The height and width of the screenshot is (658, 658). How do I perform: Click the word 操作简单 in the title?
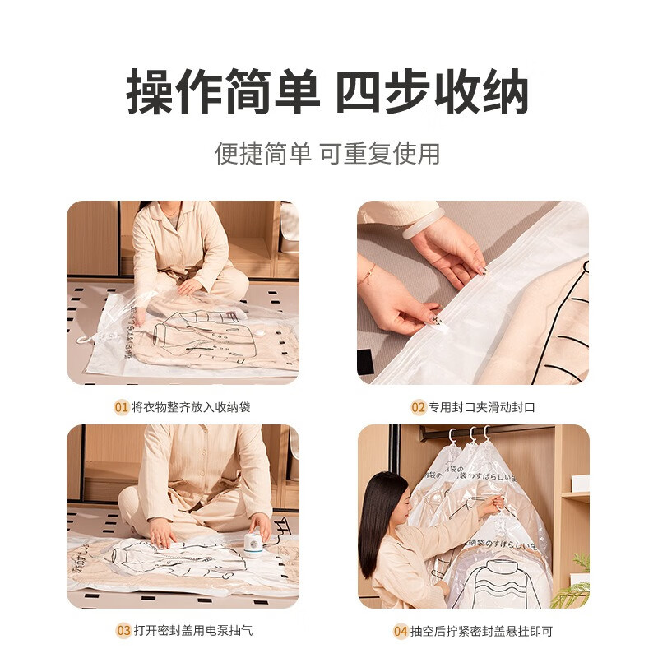[x=222, y=92]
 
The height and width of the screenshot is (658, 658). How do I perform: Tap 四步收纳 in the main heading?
[x=432, y=92]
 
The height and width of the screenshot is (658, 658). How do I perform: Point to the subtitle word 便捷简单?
[x=263, y=153]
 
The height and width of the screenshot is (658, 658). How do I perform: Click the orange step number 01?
[x=122, y=407]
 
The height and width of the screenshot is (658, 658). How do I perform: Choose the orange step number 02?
[x=419, y=407]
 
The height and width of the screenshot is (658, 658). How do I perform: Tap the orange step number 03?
[x=123, y=631]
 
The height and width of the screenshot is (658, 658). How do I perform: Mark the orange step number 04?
[x=401, y=631]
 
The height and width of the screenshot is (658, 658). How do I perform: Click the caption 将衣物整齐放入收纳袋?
[x=190, y=407]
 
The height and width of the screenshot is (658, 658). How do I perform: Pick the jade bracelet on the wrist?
[x=423, y=222]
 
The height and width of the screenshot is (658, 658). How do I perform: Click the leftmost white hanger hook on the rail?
[x=452, y=435]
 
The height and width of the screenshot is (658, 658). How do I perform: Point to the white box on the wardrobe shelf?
[x=580, y=483]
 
